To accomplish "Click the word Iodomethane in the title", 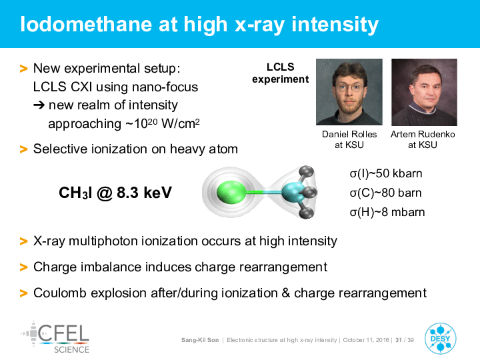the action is tap(86, 24).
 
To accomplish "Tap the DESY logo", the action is tap(440, 339).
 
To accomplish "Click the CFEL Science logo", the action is tap(55, 337).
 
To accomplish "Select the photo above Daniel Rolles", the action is tap(349, 92).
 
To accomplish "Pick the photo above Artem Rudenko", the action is tap(424, 92).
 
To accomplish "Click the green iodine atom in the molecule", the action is tap(231, 192).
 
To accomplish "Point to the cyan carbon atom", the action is tap(293, 192).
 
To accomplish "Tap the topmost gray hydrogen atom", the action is tap(306, 172).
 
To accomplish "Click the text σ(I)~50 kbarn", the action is tap(386, 173).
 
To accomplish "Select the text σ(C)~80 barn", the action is tap(385, 193).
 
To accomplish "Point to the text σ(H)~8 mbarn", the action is tap(387, 212).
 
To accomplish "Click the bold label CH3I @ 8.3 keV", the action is tap(115, 193).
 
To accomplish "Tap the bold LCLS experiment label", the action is tap(281, 73).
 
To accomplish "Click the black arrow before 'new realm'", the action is tap(39, 105).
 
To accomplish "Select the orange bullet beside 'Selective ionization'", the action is tap(23, 149).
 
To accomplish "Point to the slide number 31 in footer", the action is tap(399, 340).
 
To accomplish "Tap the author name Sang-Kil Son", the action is tap(200, 340).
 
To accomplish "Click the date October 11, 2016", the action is tap(366, 340).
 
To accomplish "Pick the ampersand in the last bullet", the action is tap(286, 293).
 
